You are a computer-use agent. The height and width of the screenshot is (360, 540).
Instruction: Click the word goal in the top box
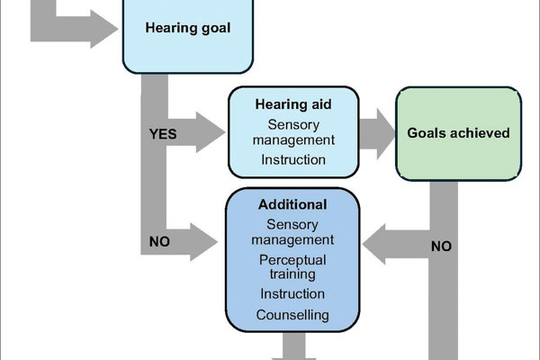(x=211, y=28)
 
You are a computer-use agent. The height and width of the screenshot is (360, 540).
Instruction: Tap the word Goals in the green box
(x=427, y=133)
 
